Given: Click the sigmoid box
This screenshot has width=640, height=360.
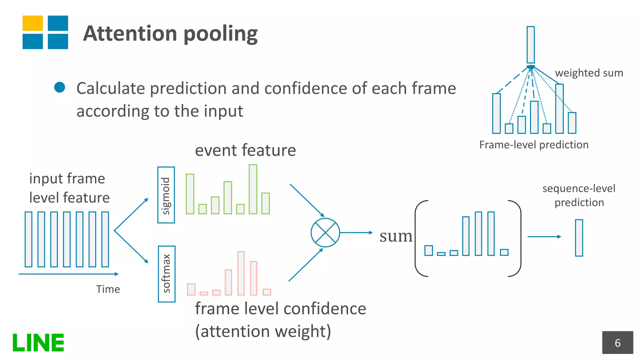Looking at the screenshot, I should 166,195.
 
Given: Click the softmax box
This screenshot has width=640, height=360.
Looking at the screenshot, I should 167,274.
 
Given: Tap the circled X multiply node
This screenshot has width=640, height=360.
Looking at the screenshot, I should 325,232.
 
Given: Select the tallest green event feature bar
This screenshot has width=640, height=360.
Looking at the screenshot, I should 253,189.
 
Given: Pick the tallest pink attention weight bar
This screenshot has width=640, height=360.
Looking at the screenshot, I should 241,273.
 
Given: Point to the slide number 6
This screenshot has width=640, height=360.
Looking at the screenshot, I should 617,343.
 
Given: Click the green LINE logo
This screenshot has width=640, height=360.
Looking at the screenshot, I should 38,342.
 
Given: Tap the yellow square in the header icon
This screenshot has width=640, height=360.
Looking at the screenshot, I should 32,23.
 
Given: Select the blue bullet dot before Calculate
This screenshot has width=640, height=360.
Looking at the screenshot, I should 59,87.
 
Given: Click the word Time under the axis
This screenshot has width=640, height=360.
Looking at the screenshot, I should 108,289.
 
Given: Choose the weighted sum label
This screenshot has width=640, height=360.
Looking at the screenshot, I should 589,73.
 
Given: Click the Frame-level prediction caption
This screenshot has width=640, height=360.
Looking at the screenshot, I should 534,145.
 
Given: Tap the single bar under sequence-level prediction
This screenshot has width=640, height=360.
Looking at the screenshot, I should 579,238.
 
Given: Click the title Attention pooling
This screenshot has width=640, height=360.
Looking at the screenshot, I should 170,33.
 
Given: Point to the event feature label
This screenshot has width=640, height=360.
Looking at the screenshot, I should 245,150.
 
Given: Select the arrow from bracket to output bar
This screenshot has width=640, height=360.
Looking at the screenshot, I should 544,237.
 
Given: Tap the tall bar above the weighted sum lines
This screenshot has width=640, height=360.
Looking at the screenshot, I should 531,45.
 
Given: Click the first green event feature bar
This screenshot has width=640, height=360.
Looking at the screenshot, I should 190,194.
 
